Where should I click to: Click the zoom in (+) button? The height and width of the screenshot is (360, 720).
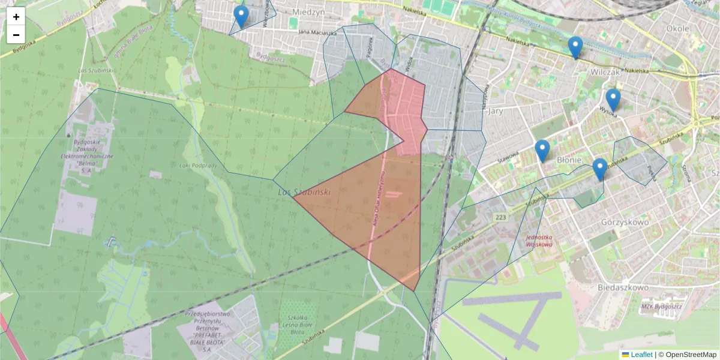click(x=16, y=17)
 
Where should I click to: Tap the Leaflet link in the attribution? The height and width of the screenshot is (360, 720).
click(x=641, y=355)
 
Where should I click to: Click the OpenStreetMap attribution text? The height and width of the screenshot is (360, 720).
click(x=691, y=355)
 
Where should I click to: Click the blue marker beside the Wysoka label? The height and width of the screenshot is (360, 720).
click(x=613, y=100)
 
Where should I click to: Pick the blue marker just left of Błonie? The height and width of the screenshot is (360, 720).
click(x=542, y=151)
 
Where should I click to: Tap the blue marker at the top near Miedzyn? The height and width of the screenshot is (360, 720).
click(x=241, y=16)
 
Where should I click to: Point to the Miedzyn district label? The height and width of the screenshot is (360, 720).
click(x=309, y=11)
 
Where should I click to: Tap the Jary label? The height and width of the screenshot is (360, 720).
click(x=496, y=111)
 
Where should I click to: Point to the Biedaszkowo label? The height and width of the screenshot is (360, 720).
click(x=623, y=287)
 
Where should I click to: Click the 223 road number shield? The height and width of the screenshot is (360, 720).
click(x=502, y=216)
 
